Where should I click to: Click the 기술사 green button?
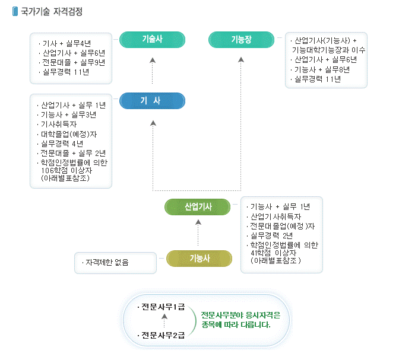tap(152, 40)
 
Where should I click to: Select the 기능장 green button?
tap(241, 40)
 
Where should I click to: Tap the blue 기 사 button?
tap(152, 101)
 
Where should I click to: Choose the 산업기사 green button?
tap(198, 206)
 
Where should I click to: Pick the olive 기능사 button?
tap(199, 258)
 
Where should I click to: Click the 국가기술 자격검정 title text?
tap(52, 11)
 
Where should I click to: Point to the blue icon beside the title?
tap(15, 11)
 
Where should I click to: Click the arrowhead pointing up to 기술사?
tap(153, 60)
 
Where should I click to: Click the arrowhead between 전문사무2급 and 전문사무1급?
tap(164, 317)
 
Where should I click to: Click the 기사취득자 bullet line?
tap(58, 124)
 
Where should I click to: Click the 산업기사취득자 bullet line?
tap(275, 216)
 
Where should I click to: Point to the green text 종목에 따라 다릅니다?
tap(236, 324)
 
